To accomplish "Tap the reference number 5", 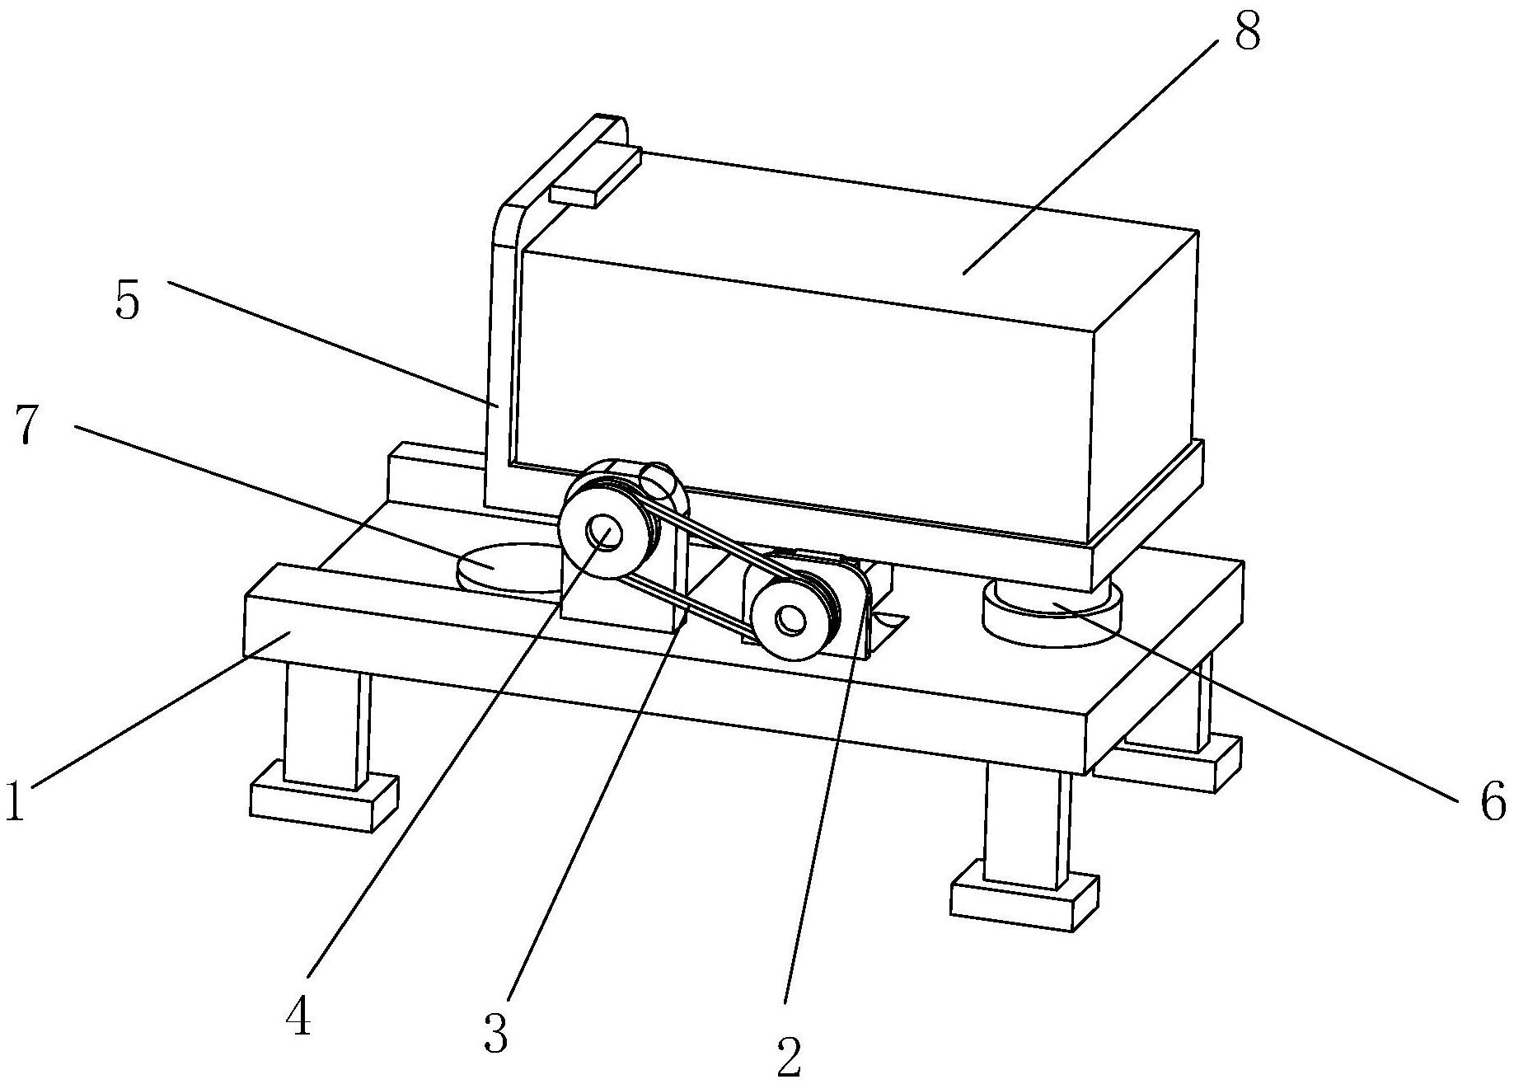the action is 127,301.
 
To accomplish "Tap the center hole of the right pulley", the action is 790,620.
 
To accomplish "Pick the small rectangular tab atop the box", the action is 594,176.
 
